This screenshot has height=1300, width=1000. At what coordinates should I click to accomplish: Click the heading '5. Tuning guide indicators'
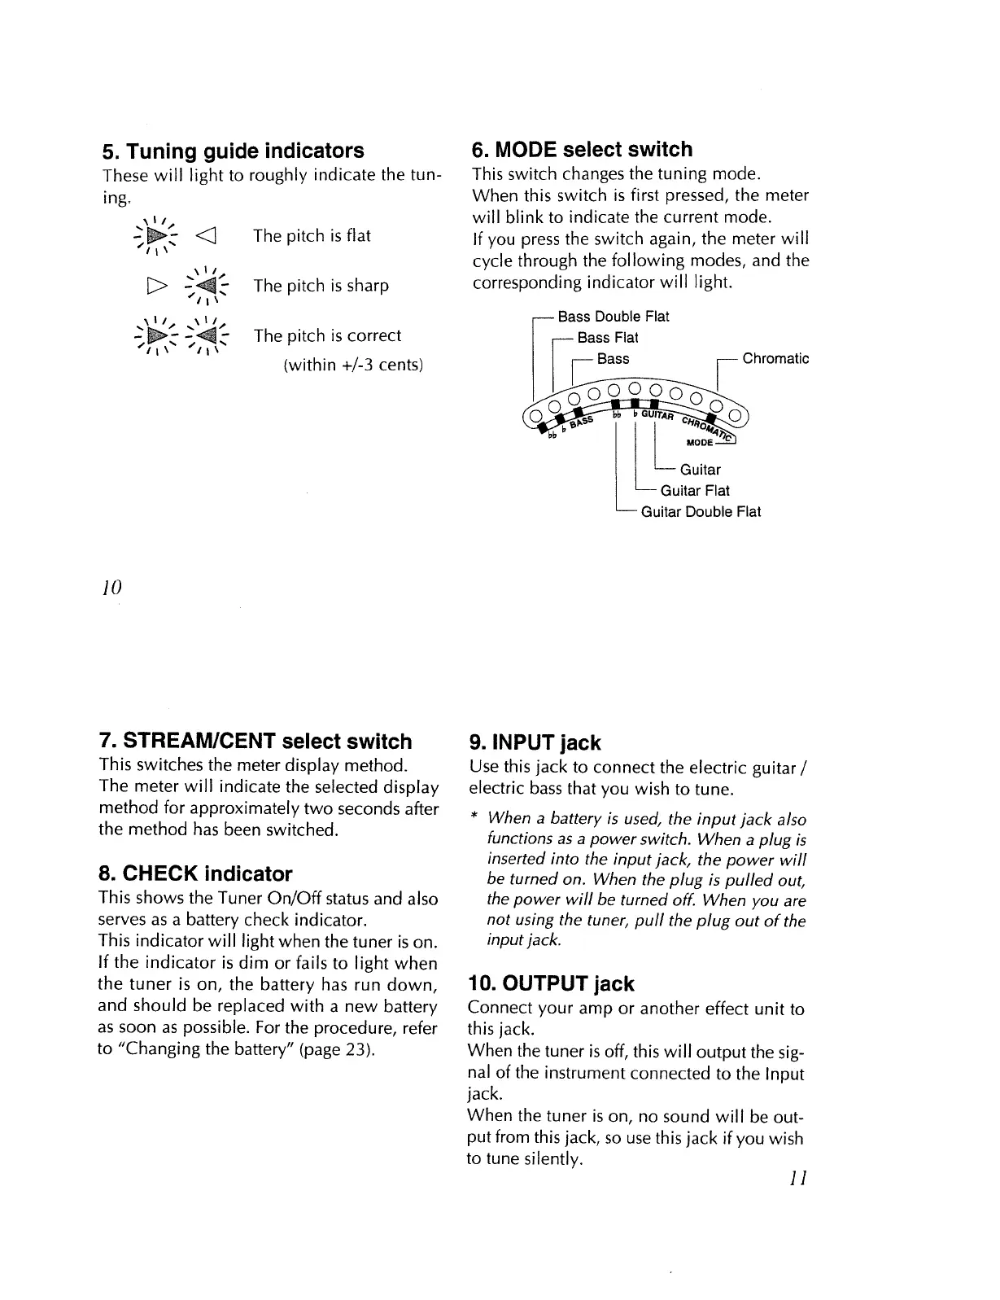click(233, 151)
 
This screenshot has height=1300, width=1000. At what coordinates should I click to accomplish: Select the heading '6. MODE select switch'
click(582, 150)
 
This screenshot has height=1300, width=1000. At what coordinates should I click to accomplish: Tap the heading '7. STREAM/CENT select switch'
click(255, 742)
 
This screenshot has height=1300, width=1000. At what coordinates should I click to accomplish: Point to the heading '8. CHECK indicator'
click(194, 874)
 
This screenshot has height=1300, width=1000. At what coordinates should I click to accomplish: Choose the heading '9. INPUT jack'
click(535, 742)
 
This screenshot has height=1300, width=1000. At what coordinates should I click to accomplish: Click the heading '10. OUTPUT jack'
click(551, 984)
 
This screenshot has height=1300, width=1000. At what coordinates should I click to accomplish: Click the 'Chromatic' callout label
click(775, 359)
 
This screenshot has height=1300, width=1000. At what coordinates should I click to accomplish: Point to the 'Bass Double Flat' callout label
click(613, 317)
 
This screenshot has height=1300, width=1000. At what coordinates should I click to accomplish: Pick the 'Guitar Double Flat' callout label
click(701, 512)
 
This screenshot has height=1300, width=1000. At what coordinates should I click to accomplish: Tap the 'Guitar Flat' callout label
click(695, 491)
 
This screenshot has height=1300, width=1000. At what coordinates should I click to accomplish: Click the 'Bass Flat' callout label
click(607, 338)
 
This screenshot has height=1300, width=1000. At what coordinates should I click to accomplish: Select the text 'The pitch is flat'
click(312, 236)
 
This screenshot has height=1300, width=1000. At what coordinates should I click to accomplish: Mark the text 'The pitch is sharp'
click(321, 286)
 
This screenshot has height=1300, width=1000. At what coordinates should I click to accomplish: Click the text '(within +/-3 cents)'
click(352, 364)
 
